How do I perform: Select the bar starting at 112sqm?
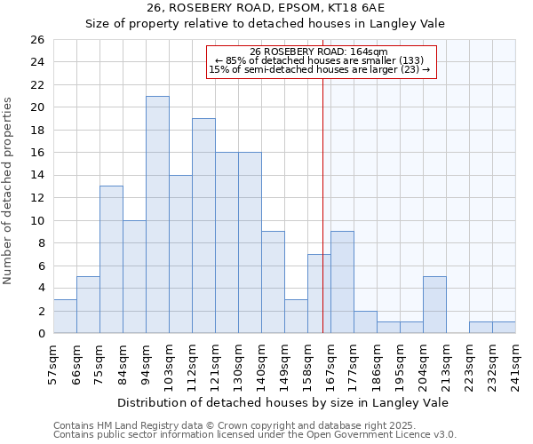pos(203,226)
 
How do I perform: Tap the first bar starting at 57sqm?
pos(65,316)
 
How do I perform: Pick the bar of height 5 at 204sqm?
pos(434,305)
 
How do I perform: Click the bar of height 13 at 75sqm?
pos(111,259)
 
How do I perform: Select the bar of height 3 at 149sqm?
pos(296,316)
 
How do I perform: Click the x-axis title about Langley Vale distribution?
pos(282,402)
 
